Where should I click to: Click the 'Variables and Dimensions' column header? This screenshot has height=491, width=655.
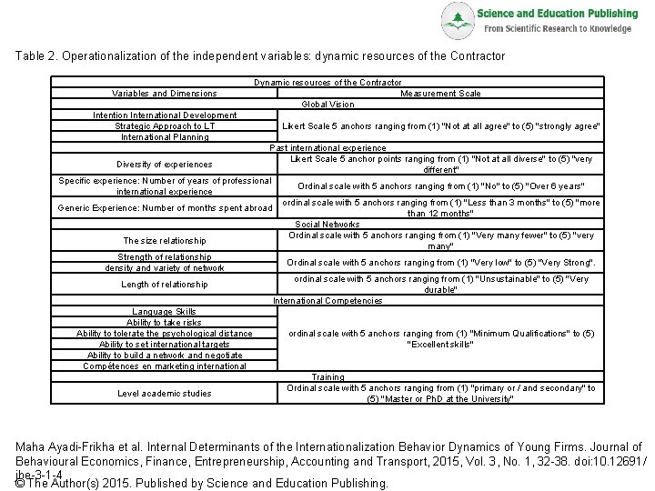(164, 93)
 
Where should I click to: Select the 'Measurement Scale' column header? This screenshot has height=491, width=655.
(440, 93)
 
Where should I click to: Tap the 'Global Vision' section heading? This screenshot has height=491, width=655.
(327, 104)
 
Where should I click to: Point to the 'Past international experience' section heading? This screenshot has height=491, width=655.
(327, 147)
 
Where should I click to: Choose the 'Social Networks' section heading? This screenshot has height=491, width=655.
(327, 224)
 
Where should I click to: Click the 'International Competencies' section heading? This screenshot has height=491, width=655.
(327, 300)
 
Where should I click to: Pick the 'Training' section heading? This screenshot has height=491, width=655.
(327, 376)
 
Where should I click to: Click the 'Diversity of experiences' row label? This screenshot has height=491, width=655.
(164, 165)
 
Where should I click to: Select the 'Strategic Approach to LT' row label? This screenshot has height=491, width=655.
(164, 125)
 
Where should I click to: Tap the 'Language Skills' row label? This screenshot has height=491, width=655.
(164, 312)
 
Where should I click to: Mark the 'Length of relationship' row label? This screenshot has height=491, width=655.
(164, 285)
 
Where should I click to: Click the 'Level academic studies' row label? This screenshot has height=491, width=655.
(164, 393)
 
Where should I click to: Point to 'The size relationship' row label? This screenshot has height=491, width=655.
(164, 240)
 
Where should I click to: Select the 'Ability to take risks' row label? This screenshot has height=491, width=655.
(164, 323)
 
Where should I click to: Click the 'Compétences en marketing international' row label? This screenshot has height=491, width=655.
(164, 366)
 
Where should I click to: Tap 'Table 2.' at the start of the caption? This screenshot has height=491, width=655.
(36, 55)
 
